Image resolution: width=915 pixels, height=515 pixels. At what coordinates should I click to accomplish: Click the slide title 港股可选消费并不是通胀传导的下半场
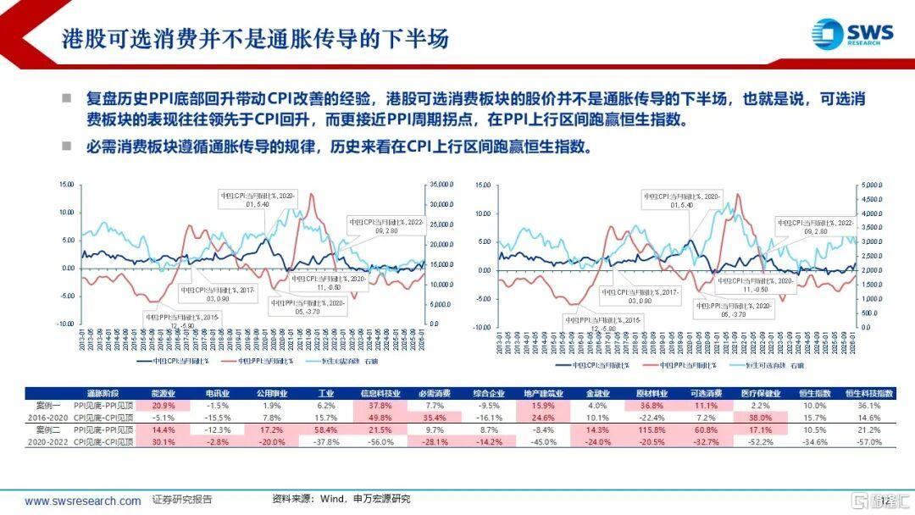pyautogui.click(x=254, y=39)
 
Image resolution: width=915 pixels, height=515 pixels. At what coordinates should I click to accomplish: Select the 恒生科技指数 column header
pyautogui.click(x=869, y=394)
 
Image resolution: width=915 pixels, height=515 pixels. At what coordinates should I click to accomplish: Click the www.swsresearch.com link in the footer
pyautogui.click(x=83, y=501)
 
